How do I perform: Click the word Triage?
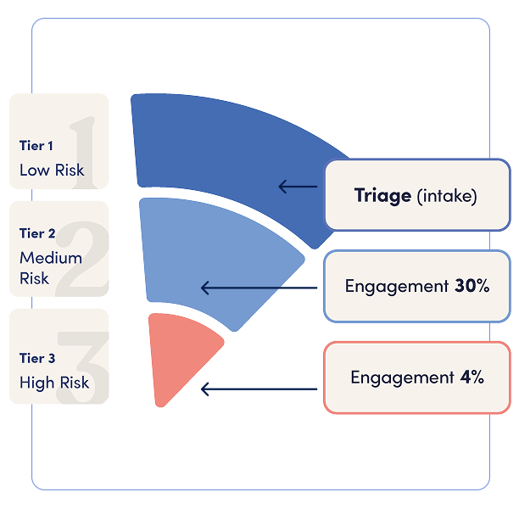coord(382,196)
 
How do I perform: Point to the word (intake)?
coord(447,196)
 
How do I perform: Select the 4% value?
coord(472,377)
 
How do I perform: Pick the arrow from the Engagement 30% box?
coord(259,288)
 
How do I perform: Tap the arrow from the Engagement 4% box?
coord(259,390)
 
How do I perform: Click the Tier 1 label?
coord(36,146)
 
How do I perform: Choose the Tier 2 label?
coord(37,233)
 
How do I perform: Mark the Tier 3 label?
coord(37,359)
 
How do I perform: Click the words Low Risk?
coord(52,170)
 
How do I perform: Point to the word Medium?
coord(51,257)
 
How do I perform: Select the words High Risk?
coord(54,383)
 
